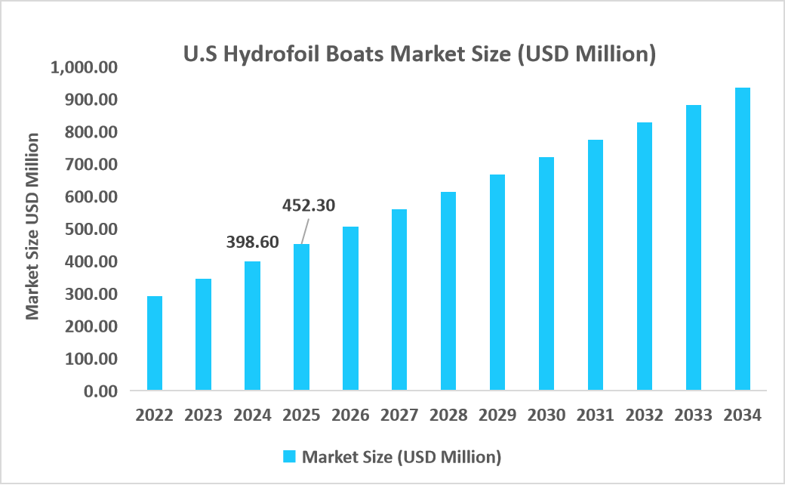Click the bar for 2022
(155, 343)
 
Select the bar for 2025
(301, 317)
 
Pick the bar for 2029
(497, 283)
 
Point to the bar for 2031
(595, 265)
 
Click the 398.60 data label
(253, 242)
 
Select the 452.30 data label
(308, 205)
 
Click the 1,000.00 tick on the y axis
(85, 68)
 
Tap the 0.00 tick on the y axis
(100, 391)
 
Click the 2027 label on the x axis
(399, 415)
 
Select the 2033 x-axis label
(693, 415)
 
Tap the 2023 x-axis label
(203, 415)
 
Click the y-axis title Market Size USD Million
(32, 227)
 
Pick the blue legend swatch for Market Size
(289, 456)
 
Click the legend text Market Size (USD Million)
(402, 456)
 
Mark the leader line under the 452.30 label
(304, 230)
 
